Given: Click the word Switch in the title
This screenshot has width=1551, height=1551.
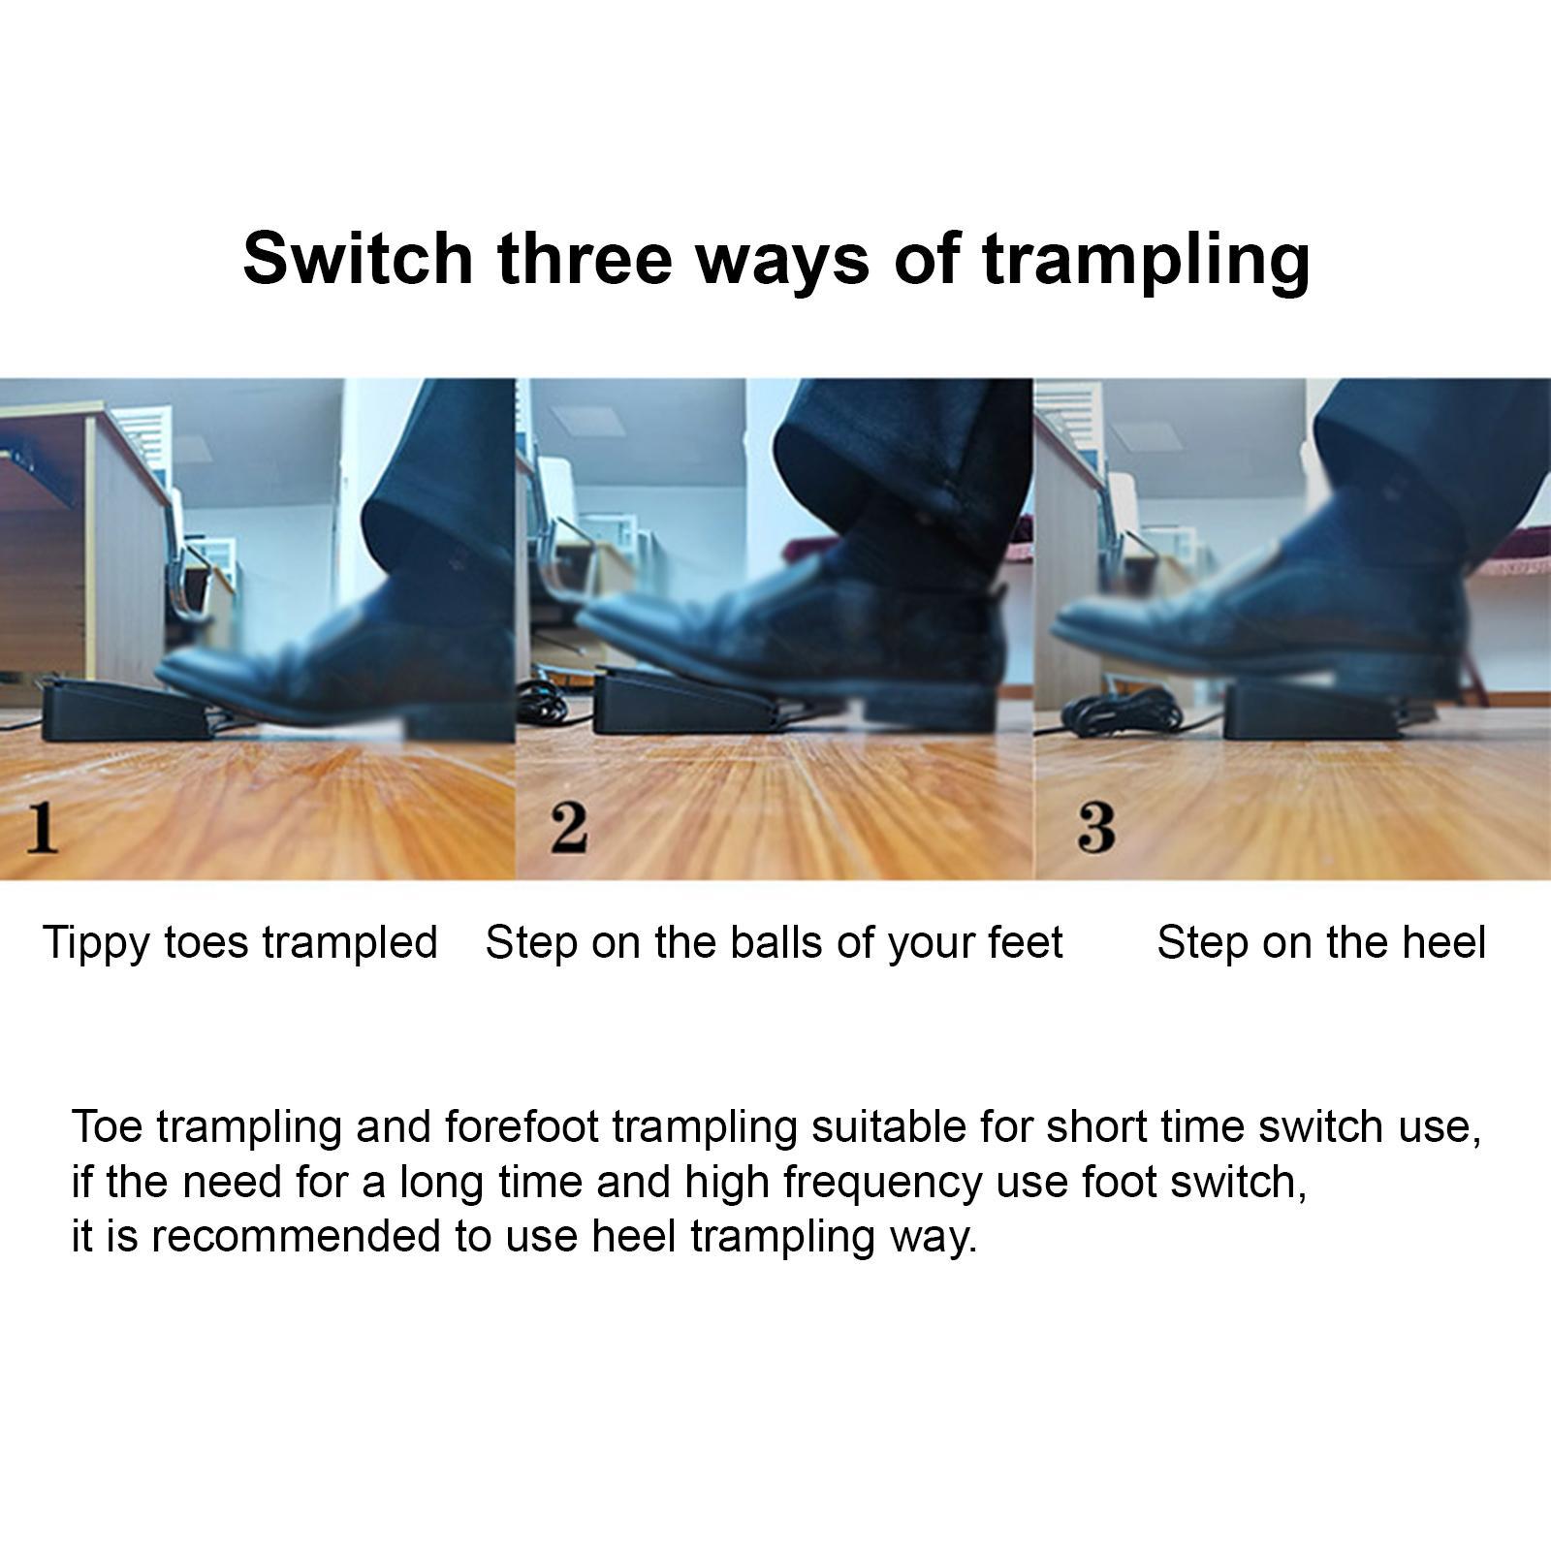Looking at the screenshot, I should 357,259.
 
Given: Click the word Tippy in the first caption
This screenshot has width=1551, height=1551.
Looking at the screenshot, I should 96,943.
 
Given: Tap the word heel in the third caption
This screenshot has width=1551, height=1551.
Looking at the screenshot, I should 1442,942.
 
